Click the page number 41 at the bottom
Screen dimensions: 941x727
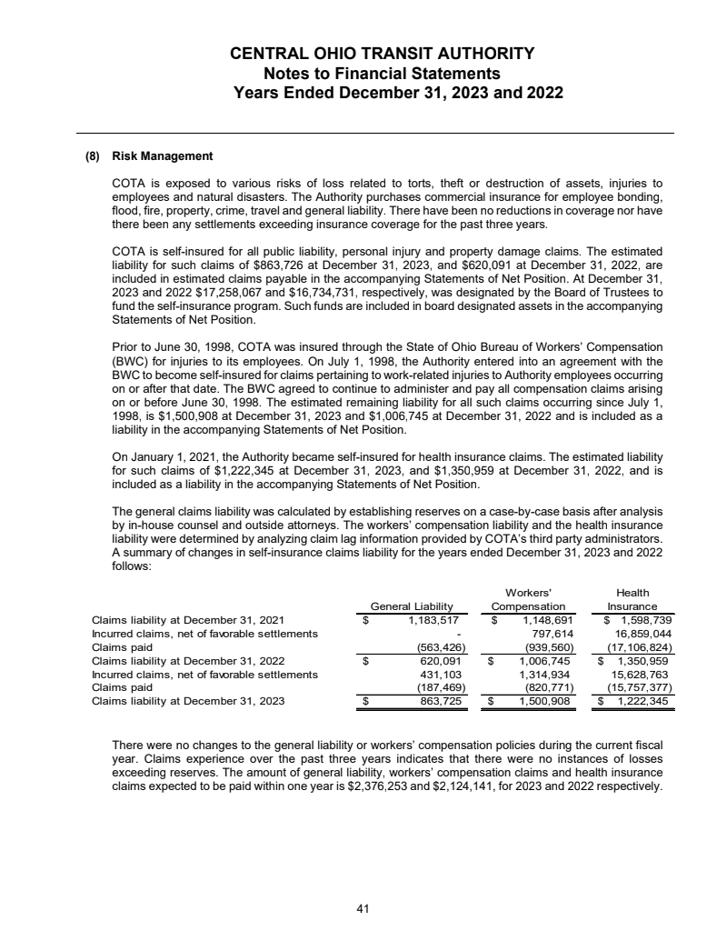pos(363,906)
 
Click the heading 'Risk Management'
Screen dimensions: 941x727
pos(162,155)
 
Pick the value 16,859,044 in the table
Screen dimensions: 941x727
pos(642,634)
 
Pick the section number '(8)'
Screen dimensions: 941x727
pos(92,155)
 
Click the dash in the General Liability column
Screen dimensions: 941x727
pos(461,634)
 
